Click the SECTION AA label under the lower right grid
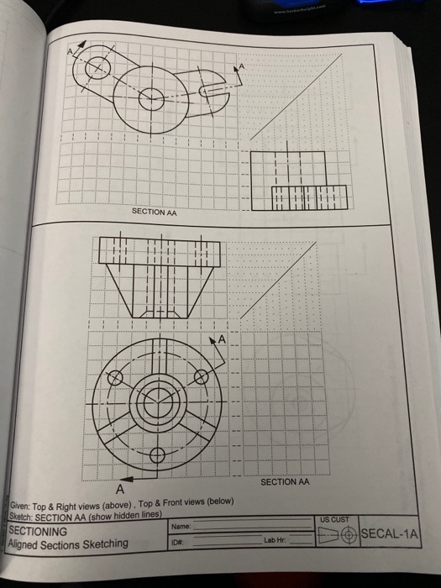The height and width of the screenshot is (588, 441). pyautogui.click(x=285, y=481)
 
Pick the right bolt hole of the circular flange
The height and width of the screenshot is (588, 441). pyautogui.click(x=202, y=378)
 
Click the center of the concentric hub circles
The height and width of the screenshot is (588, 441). pyautogui.click(x=156, y=403)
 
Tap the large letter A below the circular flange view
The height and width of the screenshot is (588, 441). pyautogui.click(x=119, y=486)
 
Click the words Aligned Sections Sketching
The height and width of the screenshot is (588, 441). pyautogui.click(x=68, y=543)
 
